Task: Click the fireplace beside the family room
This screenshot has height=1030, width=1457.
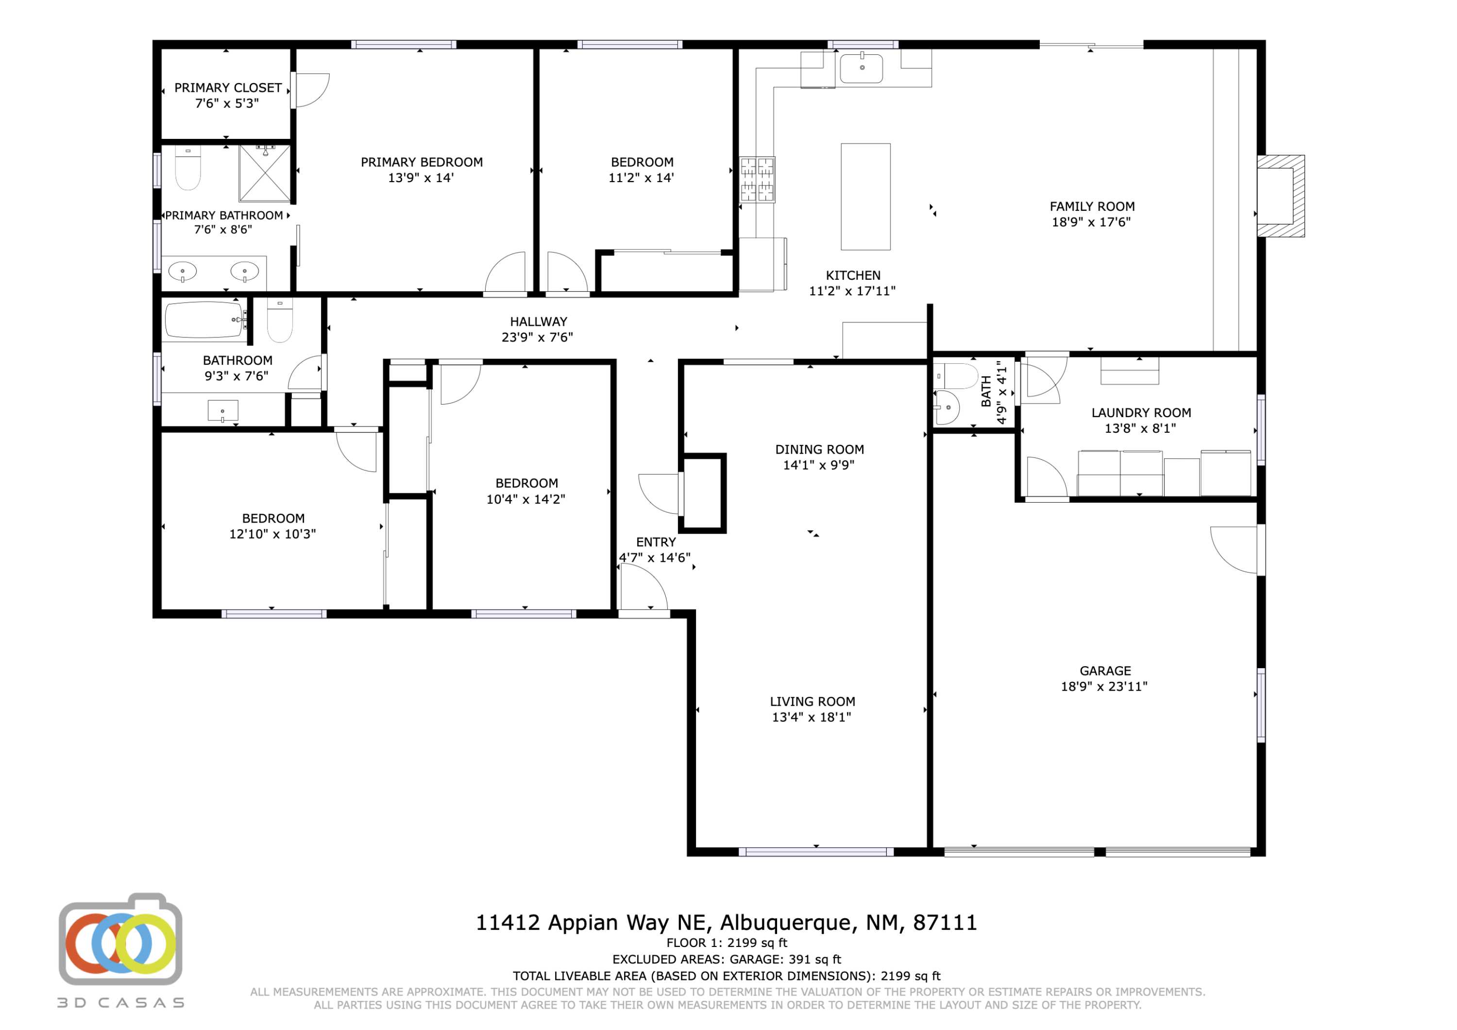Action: [x=1281, y=196]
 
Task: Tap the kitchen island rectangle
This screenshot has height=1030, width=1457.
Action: [x=865, y=197]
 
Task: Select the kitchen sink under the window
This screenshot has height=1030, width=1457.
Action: [x=861, y=68]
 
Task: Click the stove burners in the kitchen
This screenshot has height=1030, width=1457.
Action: [x=758, y=180]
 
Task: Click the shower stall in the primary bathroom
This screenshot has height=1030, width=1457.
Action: [x=265, y=173]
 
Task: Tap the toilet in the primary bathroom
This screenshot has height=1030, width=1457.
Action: [x=188, y=168]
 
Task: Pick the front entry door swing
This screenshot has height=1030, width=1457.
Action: [x=644, y=588]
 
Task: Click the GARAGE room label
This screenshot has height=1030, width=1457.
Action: [x=1105, y=671]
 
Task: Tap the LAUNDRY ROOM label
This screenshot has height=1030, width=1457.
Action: [x=1141, y=412]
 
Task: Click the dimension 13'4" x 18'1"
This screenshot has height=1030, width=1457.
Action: [x=812, y=717]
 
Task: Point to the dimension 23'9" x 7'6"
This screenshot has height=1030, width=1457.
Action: [x=538, y=338]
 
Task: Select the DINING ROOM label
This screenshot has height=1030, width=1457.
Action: [x=819, y=449]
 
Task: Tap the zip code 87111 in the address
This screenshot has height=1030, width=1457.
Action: [x=945, y=922]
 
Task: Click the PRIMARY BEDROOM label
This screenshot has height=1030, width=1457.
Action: [x=422, y=163]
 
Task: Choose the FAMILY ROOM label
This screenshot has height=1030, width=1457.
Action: [x=1092, y=206]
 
